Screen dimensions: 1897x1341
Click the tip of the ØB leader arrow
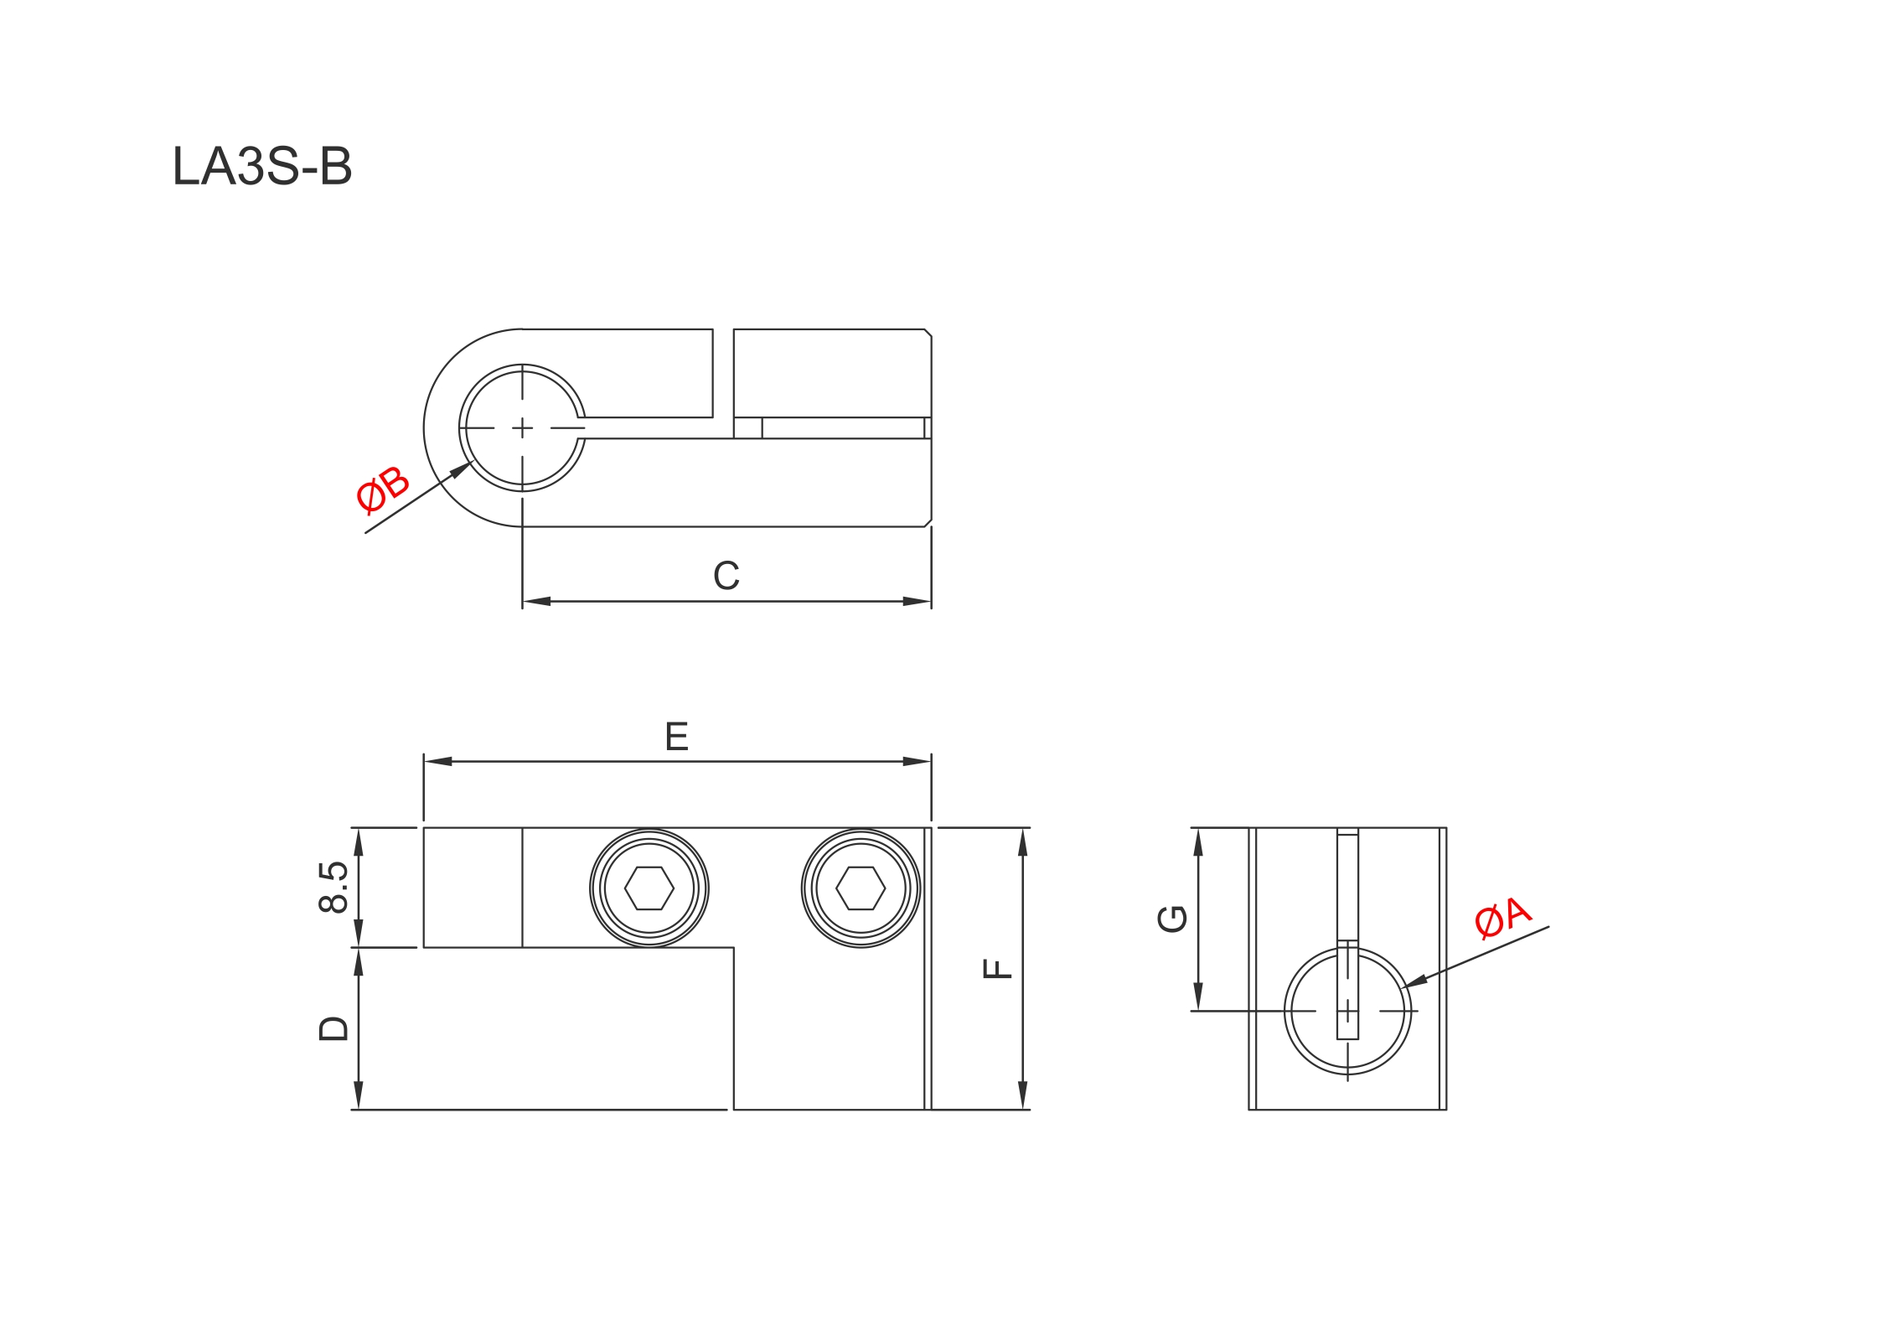[x=472, y=461]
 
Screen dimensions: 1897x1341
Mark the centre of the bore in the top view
[x=522, y=428]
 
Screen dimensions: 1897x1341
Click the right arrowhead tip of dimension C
[x=931, y=601]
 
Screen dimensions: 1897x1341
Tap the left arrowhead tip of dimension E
[x=424, y=761]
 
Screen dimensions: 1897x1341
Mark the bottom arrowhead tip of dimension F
[x=1022, y=1110]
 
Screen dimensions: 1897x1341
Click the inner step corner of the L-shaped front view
[x=734, y=948]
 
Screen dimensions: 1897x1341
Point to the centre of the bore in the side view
[x=1347, y=1011]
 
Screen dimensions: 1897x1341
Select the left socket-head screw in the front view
[x=649, y=888]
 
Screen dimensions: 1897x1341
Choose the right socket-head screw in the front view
[x=861, y=888]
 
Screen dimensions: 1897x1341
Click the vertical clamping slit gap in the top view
[x=723, y=373]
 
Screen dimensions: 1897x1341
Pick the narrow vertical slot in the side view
[x=1347, y=934]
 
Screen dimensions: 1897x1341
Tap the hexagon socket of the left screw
[x=649, y=888]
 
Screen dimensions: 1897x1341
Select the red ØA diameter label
[x=1503, y=917]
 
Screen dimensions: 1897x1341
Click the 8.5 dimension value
[x=333, y=887]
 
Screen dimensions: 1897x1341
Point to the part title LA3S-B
[x=262, y=166]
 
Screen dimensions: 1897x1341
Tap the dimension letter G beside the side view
[x=1172, y=919]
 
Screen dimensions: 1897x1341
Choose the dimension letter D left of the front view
[x=333, y=1028]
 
